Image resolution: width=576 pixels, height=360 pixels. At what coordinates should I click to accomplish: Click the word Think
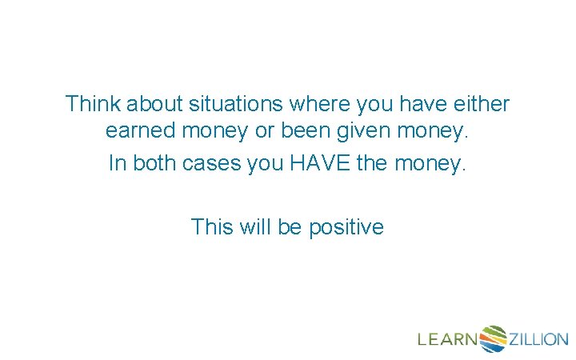tap(90, 104)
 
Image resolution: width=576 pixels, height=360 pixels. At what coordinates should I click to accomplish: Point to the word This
tap(212, 227)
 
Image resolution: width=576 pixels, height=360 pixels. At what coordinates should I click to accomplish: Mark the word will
tap(255, 227)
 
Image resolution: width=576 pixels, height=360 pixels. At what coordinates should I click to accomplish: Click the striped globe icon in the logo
tap(493, 338)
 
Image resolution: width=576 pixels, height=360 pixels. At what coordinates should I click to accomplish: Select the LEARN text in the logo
tap(447, 339)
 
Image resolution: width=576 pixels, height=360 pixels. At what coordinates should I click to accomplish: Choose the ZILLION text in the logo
tap(538, 339)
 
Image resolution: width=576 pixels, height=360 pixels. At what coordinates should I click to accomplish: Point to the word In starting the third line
tap(117, 163)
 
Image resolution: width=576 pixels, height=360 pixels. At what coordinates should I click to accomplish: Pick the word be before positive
tap(290, 227)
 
